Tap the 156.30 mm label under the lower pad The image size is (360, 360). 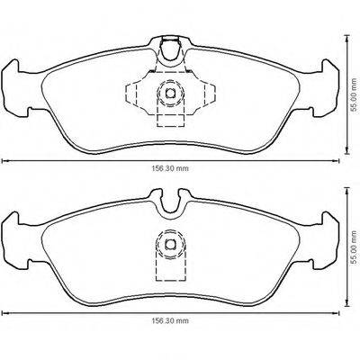point(168,319)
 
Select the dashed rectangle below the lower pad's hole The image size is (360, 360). point(167,266)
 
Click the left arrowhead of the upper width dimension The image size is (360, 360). point(3,160)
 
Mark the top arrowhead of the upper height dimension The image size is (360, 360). point(344,37)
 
